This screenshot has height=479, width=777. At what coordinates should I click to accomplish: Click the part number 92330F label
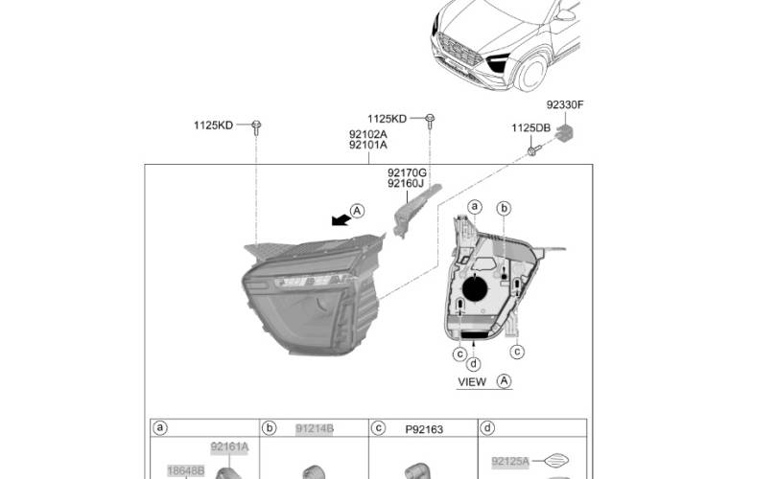click(x=565, y=105)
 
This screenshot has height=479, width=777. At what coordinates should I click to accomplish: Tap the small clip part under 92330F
click(x=564, y=132)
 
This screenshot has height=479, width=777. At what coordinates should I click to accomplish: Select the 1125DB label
click(x=530, y=128)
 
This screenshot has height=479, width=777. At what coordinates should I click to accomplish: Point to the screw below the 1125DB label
click(x=533, y=150)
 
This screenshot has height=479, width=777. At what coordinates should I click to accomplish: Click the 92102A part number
click(x=368, y=134)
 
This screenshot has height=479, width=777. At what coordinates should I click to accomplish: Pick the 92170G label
click(x=407, y=172)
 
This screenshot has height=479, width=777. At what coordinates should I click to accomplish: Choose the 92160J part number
click(x=406, y=184)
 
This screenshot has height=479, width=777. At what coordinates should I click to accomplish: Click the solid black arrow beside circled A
click(x=341, y=219)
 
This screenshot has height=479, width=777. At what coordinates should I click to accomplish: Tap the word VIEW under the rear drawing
click(x=472, y=382)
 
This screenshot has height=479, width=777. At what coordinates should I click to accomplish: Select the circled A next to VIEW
click(x=504, y=381)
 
